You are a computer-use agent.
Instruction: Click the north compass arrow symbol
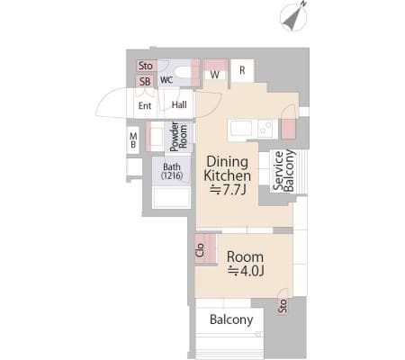pos(294,16)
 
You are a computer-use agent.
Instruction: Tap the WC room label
pos(166,80)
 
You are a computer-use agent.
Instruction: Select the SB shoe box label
pos(145,81)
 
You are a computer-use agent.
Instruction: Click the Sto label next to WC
pos(146,66)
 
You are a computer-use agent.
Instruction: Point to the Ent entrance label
pos(145,105)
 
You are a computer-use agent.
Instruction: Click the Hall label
pos(179,104)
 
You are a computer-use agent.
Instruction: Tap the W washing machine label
pos(215,75)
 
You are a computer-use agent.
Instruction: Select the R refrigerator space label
pos(242,70)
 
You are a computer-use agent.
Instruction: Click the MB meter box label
pos(133,140)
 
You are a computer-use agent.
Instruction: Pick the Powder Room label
pos(178,137)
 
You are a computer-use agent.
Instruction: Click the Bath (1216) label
pos(172,171)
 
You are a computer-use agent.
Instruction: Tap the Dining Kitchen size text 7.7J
pos(228,189)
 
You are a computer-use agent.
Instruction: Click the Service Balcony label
pos(283,171)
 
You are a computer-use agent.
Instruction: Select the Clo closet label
pos(200,250)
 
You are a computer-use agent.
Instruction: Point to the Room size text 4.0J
pos(246,271)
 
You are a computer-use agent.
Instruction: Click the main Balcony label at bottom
pos(231,319)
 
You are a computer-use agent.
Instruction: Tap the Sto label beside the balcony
pos(283,306)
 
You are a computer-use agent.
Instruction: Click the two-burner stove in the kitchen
pos(265,129)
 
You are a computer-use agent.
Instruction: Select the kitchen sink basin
pos(241,129)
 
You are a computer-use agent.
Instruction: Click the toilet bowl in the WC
pos(183,72)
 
